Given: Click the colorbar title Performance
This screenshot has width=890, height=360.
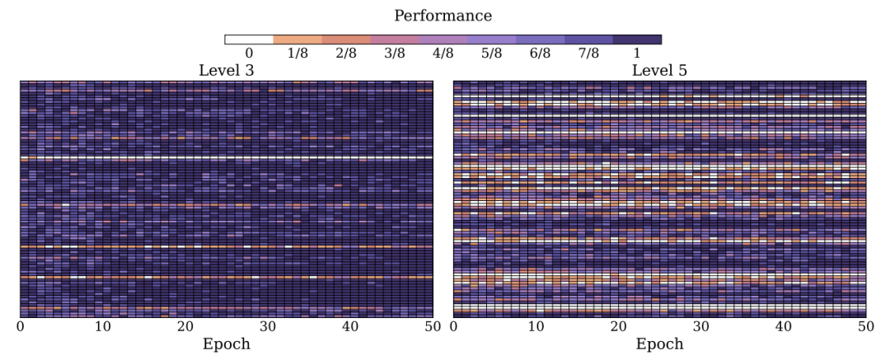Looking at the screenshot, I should [x=443, y=16].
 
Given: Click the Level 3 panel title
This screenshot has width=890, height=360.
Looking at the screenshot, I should [x=226, y=71].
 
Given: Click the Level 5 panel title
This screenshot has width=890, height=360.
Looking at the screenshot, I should [x=659, y=71].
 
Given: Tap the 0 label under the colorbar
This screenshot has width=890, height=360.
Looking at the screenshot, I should [x=249, y=54].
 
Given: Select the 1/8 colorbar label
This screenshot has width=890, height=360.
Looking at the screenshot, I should [x=297, y=54].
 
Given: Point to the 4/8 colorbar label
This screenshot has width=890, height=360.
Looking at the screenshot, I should [x=443, y=54].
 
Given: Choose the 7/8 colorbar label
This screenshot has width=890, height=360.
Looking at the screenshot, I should [x=588, y=54].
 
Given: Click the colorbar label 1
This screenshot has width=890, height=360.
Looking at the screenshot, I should [x=637, y=54].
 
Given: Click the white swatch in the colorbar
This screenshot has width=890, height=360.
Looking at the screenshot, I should [x=249, y=39].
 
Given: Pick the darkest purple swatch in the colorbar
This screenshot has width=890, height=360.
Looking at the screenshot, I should [x=637, y=39].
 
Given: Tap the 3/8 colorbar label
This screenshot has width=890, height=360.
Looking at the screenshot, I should [x=394, y=54].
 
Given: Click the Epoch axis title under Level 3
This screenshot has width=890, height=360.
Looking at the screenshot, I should [x=226, y=344].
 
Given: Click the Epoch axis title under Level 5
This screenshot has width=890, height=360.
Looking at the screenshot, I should [x=659, y=344].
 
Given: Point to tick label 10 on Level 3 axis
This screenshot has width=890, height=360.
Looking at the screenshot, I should [x=102, y=327].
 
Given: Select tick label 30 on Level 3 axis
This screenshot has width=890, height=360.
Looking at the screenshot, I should [x=268, y=327].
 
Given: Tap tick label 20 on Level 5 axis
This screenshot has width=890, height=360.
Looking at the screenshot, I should [x=618, y=327].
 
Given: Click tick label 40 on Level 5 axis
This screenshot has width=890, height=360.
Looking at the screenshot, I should [x=783, y=327].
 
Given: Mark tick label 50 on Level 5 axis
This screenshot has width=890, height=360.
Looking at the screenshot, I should [x=865, y=327].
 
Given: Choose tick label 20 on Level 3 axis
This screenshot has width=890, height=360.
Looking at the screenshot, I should [x=185, y=327].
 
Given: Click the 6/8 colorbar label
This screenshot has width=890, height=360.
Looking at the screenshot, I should [x=540, y=54].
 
